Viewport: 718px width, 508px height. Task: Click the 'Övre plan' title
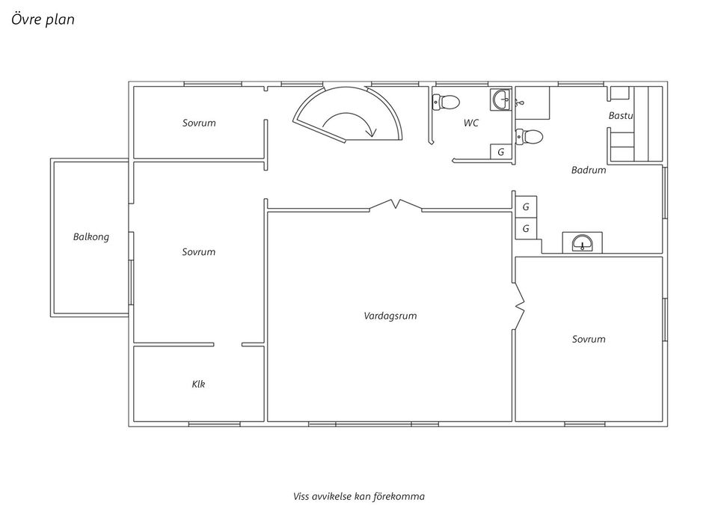click(x=43, y=19)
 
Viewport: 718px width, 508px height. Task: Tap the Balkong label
click(x=91, y=237)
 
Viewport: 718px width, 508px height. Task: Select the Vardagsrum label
click(x=390, y=316)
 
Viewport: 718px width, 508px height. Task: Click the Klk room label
click(x=198, y=384)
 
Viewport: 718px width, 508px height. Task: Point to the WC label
click(x=470, y=123)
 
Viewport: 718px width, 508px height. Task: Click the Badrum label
click(x=589, y=170)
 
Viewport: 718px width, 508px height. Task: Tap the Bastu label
click(x=621, y=115)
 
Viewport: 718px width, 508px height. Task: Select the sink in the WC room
click(x=500, y=100)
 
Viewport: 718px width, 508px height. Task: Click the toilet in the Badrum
click(x=529, y=136)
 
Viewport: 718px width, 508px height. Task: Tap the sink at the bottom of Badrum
click(x=582, y=242)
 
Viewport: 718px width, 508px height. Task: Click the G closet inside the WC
click(x=501, y=152)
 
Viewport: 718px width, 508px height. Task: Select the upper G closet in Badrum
click(x=526, y=207)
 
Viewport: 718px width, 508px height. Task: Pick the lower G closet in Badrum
click(x=526, y=228)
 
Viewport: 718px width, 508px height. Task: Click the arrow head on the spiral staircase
click(x=372, y=133)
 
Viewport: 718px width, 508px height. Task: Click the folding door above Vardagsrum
click(x=396, y=204)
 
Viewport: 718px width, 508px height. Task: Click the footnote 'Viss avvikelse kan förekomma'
click(x=359, y=497)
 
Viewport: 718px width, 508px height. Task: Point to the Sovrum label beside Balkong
click(x=199, y=252)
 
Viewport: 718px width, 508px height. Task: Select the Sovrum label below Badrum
click(x=589, y=340)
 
